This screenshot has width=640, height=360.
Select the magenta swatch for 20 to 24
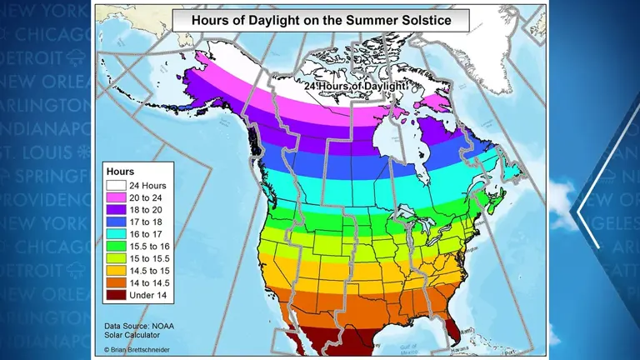coord(115,198)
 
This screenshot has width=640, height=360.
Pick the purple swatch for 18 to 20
coord(115,211)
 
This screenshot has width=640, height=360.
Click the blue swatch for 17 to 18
coord(115,222)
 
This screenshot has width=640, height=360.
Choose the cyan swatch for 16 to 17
coord(115,235)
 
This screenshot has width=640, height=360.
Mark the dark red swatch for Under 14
coord(115,295)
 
